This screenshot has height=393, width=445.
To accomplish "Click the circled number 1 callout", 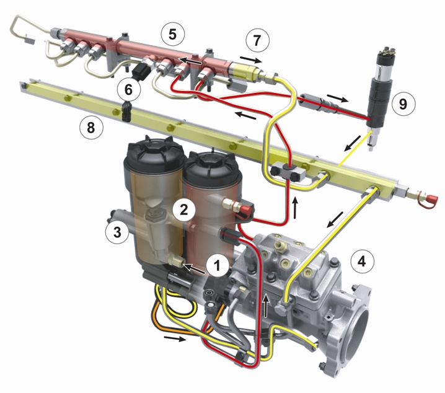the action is (218, 266).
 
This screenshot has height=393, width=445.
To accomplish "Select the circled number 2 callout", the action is (184, 210).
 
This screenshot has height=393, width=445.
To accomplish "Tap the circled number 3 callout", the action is (117, 232).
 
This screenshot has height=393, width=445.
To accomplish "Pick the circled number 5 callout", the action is (172, 34).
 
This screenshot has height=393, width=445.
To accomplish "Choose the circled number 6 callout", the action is (128, 90).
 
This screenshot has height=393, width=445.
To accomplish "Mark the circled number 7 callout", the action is (257, 40).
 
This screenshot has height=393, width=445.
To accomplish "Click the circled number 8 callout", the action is (91, 127).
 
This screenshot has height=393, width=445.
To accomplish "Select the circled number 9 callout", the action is (403, 104).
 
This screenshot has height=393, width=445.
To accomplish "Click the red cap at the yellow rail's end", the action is (428, 196).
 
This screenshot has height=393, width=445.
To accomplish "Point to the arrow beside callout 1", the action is (195, 269).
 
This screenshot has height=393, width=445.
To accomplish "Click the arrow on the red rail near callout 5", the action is (190, 61).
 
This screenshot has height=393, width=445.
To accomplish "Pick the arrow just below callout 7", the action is (251, 60).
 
